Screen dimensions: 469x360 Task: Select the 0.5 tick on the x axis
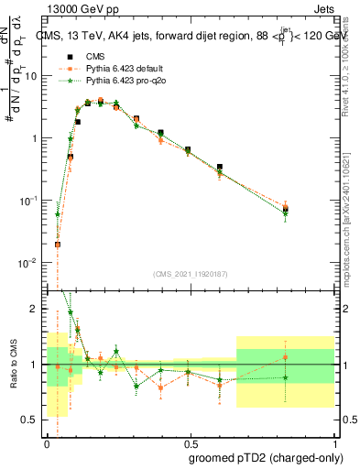tap(189, 440)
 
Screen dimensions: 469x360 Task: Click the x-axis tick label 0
tap(46, 440)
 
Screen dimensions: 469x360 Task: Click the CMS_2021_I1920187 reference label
tap(189, 274)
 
